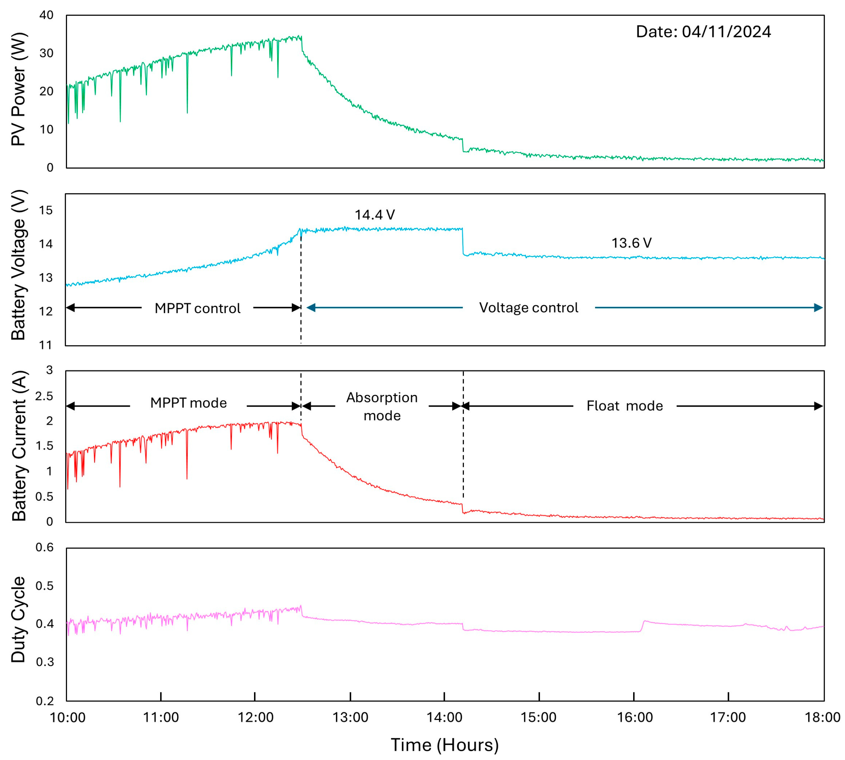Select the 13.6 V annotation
(x=631, y=243)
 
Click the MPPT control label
(x=197, y=308)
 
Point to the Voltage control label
(x=528, y=307)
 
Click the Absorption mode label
(x=382, y=406)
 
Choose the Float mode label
(x=624, y=406)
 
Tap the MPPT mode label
(x=188, y=403)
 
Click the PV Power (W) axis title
(x=18, y=89)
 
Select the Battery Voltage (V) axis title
(x=18, y=265)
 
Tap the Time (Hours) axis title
(x=444, y=745)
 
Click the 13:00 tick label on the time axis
(x=350, y=718)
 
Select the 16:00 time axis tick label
(x=635, y=718)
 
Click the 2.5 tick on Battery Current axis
(x=44, y=396)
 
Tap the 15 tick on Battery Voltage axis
(x=46, y=210)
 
